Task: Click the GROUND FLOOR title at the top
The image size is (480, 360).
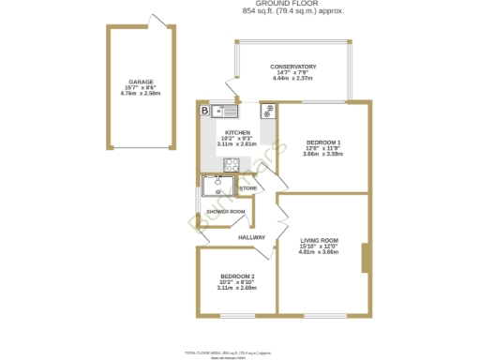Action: (x=292, y=5)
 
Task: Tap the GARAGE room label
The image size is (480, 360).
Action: (x=141, y=82)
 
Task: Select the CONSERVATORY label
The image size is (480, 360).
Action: (x=293, y=67)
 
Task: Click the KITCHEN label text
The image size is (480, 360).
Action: (x=236, y=133)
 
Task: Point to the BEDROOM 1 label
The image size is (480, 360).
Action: (x=322, y=142)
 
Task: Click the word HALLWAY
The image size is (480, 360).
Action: (x=251, y=237)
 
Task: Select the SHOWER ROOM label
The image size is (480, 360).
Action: (x=226, y=211)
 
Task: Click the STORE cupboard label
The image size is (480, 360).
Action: (x=247, y=189)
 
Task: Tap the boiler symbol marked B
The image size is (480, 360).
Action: (x=204, y=111)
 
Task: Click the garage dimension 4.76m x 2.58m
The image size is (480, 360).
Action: (x=141, y=94)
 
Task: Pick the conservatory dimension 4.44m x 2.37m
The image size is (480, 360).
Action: (x=293, y=79)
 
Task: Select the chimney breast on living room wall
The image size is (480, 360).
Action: (x=365, y=258)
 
